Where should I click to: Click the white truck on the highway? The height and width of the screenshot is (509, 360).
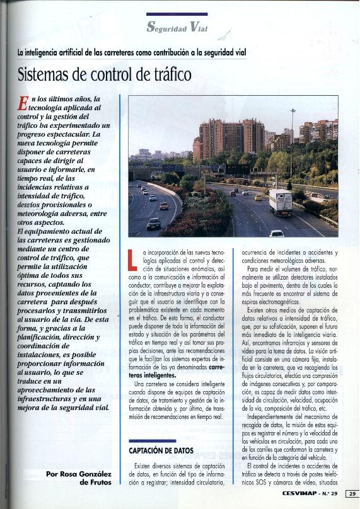pyautogui.click(x=280, y=202)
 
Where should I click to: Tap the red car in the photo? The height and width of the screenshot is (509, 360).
pyautogui.click(x=164, y=206)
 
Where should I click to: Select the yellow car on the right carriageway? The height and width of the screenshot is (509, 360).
pyautogui.click(x=257, y=197)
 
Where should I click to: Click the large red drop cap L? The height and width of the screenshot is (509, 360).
pyautogui.click(x=131, y=260)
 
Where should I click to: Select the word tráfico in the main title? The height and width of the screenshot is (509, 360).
pyautogui.click(x=166, y=75)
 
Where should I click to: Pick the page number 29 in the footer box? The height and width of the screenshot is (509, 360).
pyautogui.click(x=352, y=493)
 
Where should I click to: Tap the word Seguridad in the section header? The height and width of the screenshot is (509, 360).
pyautogui.click(x=166, y=28)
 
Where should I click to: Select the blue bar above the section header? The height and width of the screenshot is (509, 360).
pyautogui.click(x=177, y=14)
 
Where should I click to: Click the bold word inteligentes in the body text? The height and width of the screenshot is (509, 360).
pyautogui.click(x=153, y=374)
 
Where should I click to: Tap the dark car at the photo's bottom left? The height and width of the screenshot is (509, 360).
pyautogui.click(x=154, y=223)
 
